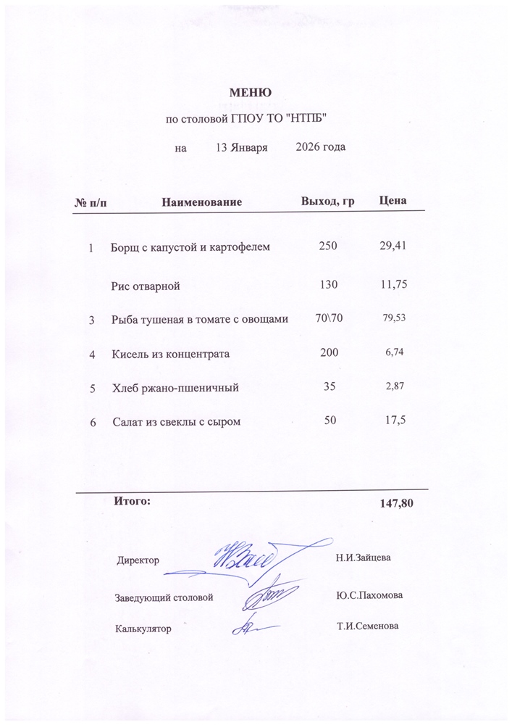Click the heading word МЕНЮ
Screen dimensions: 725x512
click(x=250, y=93)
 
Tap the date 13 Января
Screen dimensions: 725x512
click(x=242, y=148)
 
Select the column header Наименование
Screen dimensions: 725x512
click(x=201, y=200)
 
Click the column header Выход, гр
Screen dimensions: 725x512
click(x=327, y=200)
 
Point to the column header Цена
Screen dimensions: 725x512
click(x=393, y=200)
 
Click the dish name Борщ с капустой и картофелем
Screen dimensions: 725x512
click(x=190, y=248)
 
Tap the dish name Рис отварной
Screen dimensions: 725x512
click(x=146, y=286)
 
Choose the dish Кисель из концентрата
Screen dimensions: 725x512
click(x=171, y=355)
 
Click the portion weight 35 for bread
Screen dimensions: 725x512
click(x=330, y=387)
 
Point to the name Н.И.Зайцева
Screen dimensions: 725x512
click(x=364, y=558)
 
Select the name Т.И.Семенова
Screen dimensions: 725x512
click(x=368, y=626)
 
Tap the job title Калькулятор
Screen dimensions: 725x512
click(x=143, y=629)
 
